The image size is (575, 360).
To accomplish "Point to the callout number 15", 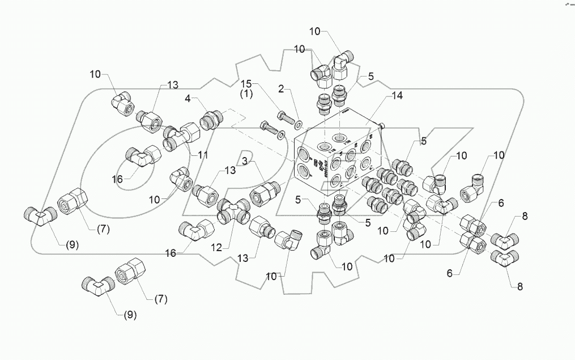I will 246,84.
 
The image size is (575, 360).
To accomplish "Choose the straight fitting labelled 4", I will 212,119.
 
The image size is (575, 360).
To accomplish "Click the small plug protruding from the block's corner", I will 383,125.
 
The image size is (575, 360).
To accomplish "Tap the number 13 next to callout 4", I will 172,84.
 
